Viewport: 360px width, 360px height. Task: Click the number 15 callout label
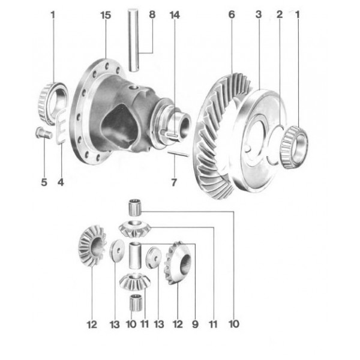pyautogui.click(x=106, y=15)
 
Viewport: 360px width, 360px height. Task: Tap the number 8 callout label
pyautogui.click(x=151, y=15)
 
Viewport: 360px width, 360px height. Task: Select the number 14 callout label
pyautogui.click(x=174, y=15)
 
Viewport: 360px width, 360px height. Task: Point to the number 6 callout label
pyautogui.click(x=232, y=15)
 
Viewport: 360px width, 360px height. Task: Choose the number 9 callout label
pyautogui.click(x=195, y=325)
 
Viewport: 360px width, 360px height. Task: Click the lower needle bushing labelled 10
pyautogui.click(x=136, y=304)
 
